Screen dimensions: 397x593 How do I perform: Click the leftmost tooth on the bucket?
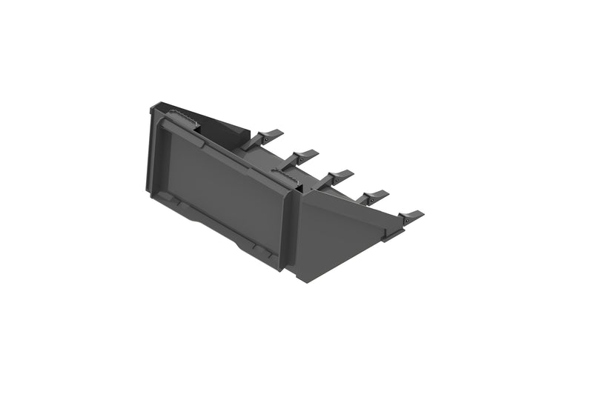coord(268,136)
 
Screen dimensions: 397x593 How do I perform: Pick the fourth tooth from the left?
coord(374,196)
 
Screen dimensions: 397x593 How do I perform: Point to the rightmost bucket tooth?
coord(410,216)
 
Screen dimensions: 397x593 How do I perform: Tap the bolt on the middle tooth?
coord(331,179)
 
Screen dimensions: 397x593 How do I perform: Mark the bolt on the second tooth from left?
coord(296,158)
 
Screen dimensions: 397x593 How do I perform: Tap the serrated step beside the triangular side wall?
coord(285,174)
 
